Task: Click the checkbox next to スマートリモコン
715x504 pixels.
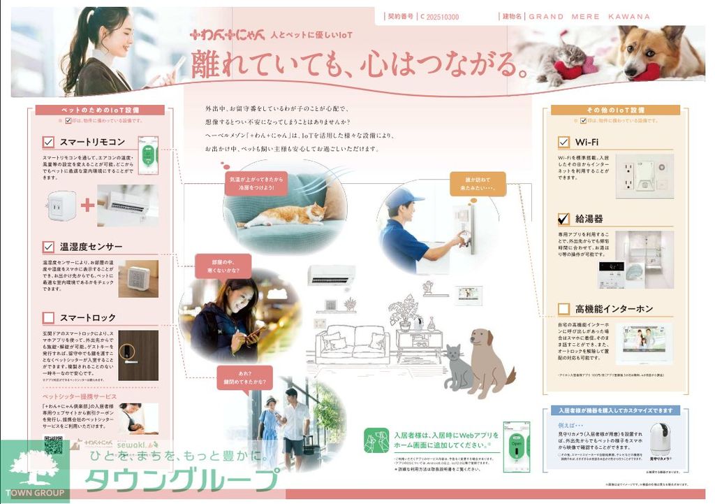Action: point(48,142)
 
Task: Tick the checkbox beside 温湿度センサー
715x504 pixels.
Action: point(48,247)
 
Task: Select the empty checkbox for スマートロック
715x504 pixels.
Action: point(48,317)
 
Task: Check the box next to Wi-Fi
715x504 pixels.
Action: point(563,142)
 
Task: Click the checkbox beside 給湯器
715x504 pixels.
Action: point(563,219)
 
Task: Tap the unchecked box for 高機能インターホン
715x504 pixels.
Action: point(563,308)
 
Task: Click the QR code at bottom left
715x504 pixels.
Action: point(53,445)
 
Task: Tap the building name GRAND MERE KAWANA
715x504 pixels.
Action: point(589,16)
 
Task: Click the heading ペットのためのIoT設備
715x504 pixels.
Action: point(99,110)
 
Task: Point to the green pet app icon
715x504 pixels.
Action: point(376,440)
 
